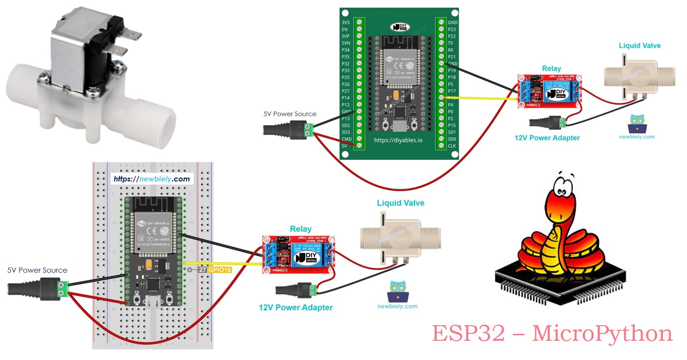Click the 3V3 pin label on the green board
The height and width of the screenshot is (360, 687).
tap(346, 22)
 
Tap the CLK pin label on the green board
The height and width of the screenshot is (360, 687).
tap(452, 146)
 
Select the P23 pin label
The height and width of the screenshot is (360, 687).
tap(452, 29)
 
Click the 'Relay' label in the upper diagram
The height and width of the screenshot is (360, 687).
tap(551, 69)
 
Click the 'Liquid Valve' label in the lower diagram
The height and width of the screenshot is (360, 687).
tap(401, 203)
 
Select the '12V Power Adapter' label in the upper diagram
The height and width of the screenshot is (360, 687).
tap(547, 138)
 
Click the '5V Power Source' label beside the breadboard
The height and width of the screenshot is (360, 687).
tap(37, 270)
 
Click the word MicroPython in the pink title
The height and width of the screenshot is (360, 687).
tap(602, 333)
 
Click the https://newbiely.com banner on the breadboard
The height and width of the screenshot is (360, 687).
tap(151, 179)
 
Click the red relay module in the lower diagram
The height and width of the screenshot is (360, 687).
tap(298, 255)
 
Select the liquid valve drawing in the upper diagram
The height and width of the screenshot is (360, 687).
tap(640, 76)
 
